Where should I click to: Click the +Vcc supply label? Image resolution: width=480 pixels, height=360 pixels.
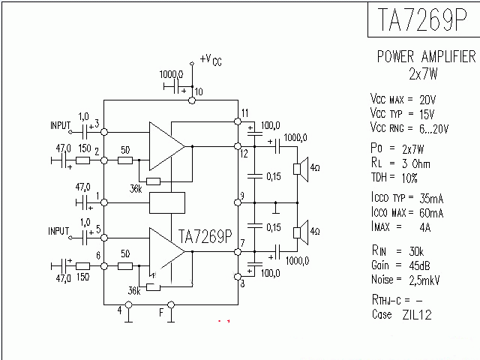pyautogui.click(x=211, y=59)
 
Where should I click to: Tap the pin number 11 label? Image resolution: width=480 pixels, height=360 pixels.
pyautogui.click(x=244, y=113)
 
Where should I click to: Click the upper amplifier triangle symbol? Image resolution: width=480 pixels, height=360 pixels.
pyautogui.click(x=164, y=145)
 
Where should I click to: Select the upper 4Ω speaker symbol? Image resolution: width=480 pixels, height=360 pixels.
pyautogui.click(x=298, y=168)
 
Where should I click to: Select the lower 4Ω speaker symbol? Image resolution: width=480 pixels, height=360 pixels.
pyautogui.click(x=298, y=231)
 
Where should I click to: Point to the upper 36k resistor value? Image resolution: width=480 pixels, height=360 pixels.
pyautogui.click(x=136, y=187)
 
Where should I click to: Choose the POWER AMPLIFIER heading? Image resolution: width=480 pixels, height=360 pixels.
pyautogui.click(x=425, y=57)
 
